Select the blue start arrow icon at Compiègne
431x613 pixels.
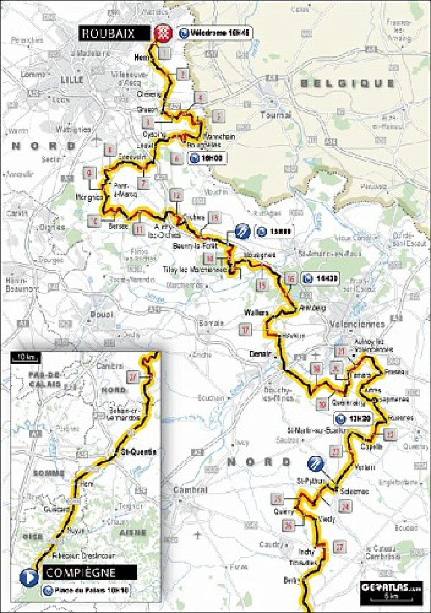click(x=28, y=577)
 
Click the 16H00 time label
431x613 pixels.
click(x=207, y=158)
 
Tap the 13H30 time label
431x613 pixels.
click(x=353, y=418)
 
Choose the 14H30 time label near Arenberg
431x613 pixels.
click(x=321, y=279)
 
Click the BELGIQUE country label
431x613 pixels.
click(x=347, y=84)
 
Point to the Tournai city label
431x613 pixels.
click(x=275, y=115)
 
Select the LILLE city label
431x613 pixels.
click(x=72, y=80)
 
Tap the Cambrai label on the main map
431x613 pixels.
click(x=190, y=490)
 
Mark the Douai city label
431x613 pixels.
click(x=101, y=315)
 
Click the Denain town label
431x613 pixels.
click(x=260, y=354)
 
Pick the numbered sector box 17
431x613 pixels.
click(x=246, y=330)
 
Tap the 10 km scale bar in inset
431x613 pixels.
click(x=25, y=357)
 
